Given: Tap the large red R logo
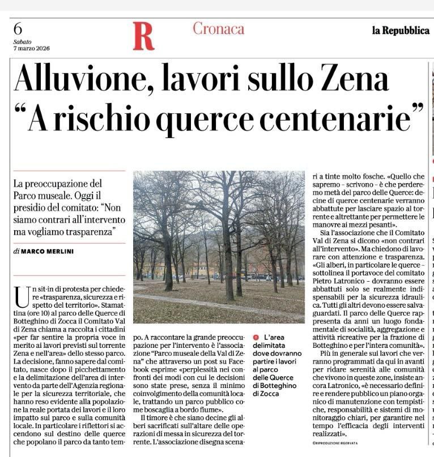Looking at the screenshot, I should coord(143,35).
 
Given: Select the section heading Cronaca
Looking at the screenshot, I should coord(218,28).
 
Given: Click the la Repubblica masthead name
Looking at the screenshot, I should coord(401,31).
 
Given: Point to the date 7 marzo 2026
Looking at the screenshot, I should coord(29,48).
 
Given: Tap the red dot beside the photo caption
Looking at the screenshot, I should coord(256,336).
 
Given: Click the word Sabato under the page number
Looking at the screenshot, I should coord(23,41).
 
